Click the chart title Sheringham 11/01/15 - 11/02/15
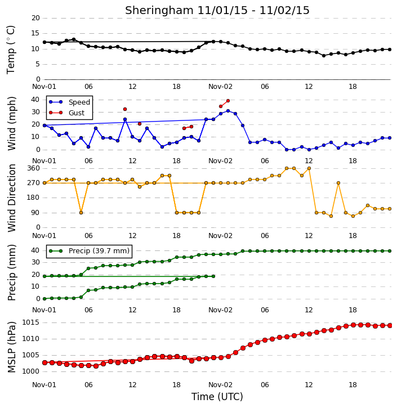click(x=217, y=10)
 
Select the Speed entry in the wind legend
click(x=69, y=102)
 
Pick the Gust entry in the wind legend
click(x=66, y=113)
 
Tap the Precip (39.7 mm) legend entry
click(x=89, y=251)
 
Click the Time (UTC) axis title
click(x=217, y=397)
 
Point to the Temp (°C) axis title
click(x=11, y=50)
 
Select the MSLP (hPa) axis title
click(x=11, y=347)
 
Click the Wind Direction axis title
click(x=11, y=198)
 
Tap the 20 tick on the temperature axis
click(x=35, y=18)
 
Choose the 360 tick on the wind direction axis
click(x=34, y=168)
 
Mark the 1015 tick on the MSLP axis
click(x=30, y=322)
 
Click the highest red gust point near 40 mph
click(x=228, y=101)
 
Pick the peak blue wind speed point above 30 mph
click(x=228, y=111)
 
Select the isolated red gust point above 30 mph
click(x=125, y=109)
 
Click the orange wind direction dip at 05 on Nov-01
click(x=81, y=213)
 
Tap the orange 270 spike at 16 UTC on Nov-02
click(x=338, y=183)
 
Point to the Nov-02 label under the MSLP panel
click(x=220, y=384)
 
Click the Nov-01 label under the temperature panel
click(x=44, y=87)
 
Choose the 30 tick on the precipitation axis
click(x=35, y=262)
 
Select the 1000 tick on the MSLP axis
click(x=30, y=371)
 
